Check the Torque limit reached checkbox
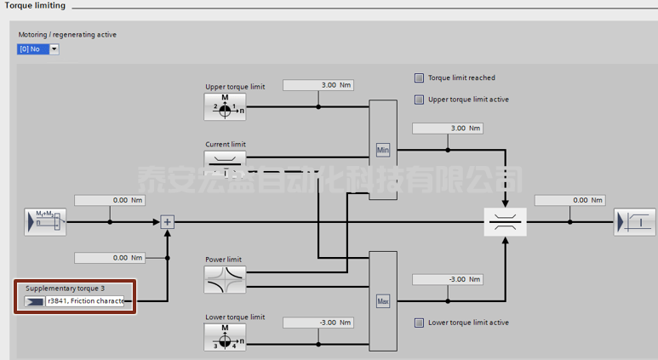click(x=419, y=77)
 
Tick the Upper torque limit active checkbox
click(x=419, y=100)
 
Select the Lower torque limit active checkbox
click(x=419, y=323)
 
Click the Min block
click(x=383, y=151)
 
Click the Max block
click(x=383, y=300)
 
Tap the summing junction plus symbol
click(x=168, y=222)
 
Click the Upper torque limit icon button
click(x=225, y=107)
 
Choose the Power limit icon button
click(x=225, y=279)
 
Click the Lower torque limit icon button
click(x=225, y=337)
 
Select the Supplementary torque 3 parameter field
click(x=84, y=301)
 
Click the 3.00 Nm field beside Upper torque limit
click(x=318, y=85)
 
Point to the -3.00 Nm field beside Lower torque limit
click(x=318, y=323)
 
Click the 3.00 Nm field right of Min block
click(x=447, y=128)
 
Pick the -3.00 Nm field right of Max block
click(x=447, y=279)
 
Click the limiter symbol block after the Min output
click(x=505, y=222)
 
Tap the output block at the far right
click(x=635, y=222)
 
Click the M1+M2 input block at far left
click(x=45, y=222)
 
